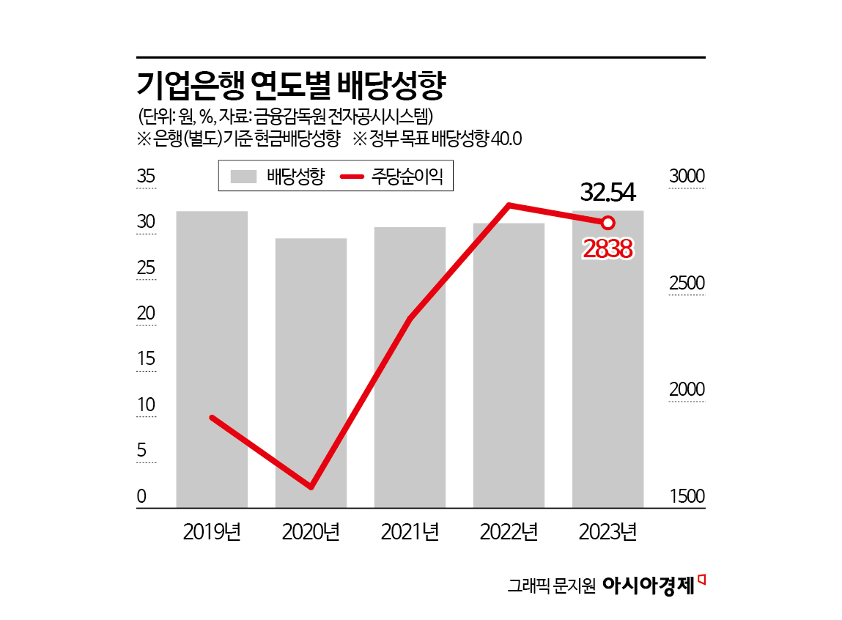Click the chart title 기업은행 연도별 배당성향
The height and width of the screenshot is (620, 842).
point(292,86)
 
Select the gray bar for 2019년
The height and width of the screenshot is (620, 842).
point(212,359)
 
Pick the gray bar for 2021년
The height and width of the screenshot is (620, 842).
point(410,366)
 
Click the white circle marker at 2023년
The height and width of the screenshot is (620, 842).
point(608,222)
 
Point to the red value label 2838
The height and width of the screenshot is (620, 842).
point(608,250)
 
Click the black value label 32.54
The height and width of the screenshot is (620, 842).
point(608,192)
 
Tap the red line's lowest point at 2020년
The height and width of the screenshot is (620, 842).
point(311,487)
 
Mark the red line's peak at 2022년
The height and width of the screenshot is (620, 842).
point(509,205)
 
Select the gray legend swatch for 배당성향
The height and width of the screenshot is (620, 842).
point(243,177)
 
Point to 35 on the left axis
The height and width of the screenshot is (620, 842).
point(146,177)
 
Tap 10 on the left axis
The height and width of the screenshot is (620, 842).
point(146,405)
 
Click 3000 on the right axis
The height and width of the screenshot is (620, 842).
point(687,177)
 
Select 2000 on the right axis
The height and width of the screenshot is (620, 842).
point(687,390)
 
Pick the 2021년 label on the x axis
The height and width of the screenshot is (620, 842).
point(410,531)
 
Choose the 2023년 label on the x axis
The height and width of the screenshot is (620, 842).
point(608,531)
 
